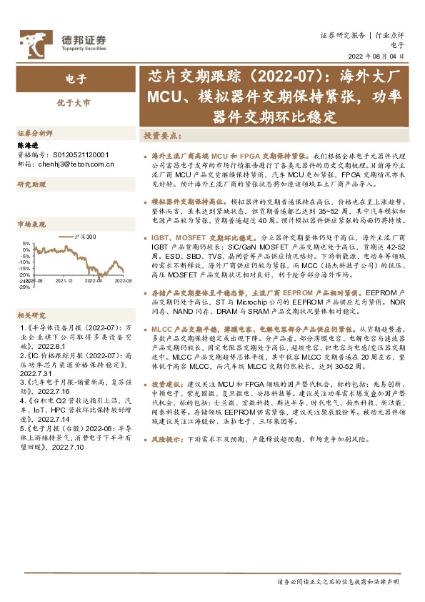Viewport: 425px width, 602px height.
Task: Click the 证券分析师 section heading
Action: pyautogui.click(x=34, y=134)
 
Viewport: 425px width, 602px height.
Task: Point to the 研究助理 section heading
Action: pyautogui.click(x=31, y=185)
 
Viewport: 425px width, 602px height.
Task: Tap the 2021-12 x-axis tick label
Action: pyautogui.click(x=65, y=281)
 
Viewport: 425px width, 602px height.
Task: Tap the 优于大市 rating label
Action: pyautogui.click(x=74, y=103)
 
